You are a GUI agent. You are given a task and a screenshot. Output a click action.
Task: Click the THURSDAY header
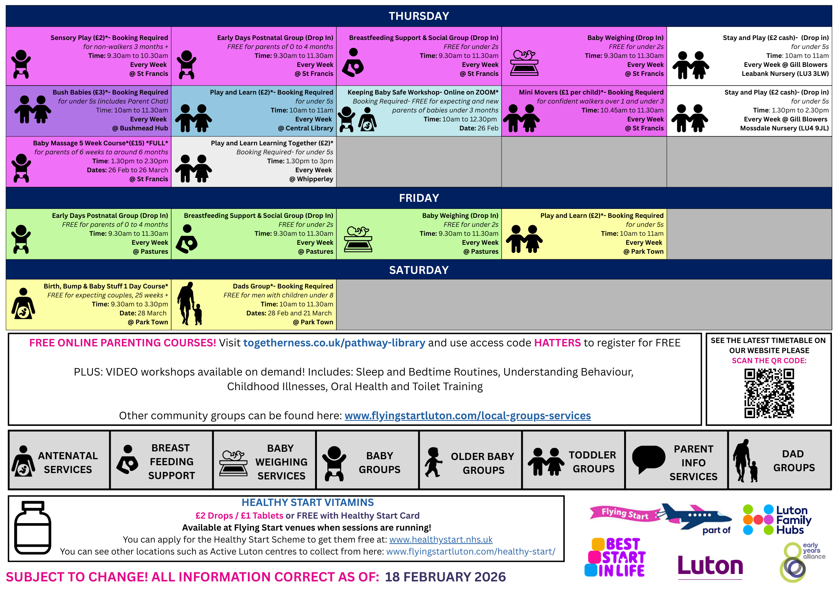(x=419, y=16)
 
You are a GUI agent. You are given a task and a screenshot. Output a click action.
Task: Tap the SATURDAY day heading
(x=419, y=270)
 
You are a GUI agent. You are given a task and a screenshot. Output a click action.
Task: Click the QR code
(x=769, y=393)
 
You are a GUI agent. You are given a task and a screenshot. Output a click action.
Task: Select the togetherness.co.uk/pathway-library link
(x=334, y=343)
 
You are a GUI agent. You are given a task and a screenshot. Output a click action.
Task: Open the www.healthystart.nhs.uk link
(x=441, y=539)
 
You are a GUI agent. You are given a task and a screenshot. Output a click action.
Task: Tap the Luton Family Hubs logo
(x=777, y=520)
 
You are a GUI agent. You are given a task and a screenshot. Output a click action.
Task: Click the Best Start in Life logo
(x=615, y=557)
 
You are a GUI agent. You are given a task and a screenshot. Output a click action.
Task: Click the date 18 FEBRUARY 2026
(x=445, y=577)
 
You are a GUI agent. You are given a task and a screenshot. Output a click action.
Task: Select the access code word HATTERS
(x=557, y=343)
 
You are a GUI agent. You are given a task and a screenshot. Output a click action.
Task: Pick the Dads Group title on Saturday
(x=283, y=286)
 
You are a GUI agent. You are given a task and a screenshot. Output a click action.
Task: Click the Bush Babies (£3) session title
(x=110, y=92)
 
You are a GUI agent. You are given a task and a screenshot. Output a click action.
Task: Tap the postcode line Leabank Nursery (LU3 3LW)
(x=785, y=74)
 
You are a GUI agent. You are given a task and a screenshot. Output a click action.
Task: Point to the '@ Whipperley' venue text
(x=311, y=179)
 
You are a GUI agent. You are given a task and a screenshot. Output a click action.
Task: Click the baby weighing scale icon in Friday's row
(x=358, y=239)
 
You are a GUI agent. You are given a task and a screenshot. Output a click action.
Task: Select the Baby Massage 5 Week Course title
(x=101, y=143)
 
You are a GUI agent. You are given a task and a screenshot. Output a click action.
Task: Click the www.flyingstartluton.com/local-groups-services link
(x=468, y=416)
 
